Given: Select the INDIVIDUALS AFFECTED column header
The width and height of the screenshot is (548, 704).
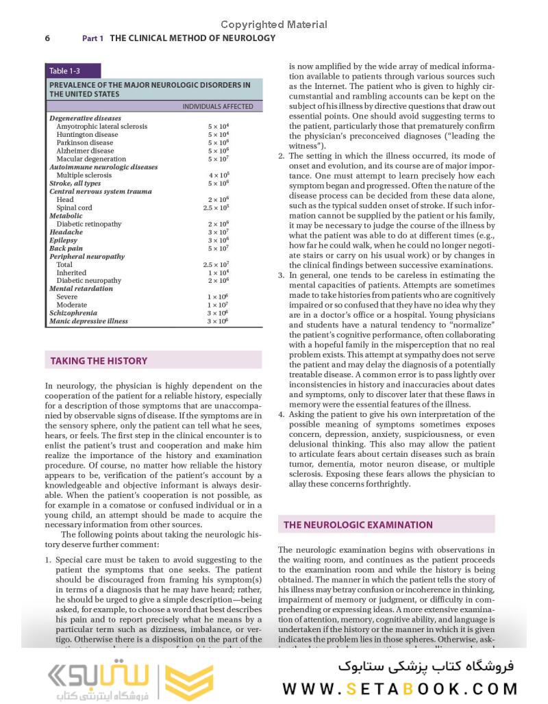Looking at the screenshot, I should (217, 106).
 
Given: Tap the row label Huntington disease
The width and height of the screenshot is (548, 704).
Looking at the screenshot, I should (87, 135).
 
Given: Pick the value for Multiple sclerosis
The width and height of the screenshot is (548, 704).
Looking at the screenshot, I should (219, 175).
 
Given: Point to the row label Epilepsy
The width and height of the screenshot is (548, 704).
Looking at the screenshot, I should (63, 240).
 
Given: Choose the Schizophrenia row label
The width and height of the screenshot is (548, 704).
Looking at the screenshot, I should (73, 313).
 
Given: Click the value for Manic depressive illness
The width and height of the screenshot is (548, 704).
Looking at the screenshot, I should (218, 321).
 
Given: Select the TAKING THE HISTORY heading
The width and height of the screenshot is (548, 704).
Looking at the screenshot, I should (99, 361).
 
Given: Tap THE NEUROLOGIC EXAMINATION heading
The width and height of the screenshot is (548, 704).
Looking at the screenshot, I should (358, 525).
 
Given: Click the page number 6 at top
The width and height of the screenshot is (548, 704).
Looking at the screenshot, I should (47, 38).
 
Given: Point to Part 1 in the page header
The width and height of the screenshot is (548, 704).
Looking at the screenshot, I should (92, 38).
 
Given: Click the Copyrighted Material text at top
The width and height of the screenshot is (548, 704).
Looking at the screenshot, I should (274, 25).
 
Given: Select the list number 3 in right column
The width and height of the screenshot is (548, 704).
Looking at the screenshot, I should (281, 275).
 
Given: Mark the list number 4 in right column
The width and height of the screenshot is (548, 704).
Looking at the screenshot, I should (281, 414).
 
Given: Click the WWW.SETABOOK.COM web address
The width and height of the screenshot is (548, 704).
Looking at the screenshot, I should (400, 688).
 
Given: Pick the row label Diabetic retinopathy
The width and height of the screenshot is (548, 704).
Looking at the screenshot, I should (89, 224).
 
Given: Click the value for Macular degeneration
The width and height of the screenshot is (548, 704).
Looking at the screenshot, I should (219, 159).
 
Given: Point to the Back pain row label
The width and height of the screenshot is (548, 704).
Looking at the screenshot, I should (66, 249).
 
